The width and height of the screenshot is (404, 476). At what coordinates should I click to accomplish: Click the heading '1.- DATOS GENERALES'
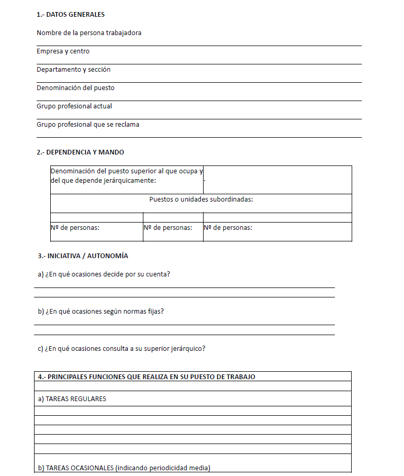click(71, 15)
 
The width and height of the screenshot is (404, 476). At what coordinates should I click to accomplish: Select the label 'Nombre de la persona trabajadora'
click(89, 33)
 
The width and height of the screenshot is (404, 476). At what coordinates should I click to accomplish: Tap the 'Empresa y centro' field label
click(63, 51)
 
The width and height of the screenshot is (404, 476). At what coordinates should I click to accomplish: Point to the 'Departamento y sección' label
click(73, 70)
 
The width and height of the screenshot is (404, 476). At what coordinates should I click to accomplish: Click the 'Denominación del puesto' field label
click(75, 88)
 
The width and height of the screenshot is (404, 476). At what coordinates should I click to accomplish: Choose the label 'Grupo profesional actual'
click(74, 106)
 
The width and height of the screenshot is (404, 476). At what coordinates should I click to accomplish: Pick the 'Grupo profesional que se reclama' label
click(88, 125)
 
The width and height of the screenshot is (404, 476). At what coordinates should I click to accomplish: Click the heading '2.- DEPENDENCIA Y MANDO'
click(81, 152)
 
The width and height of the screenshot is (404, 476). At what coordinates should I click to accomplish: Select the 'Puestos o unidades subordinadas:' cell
click(201, 200)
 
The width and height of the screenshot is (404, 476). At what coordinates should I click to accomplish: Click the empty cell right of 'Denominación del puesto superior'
click(277, 180)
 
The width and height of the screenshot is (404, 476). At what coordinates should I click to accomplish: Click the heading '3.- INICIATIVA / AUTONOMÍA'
click(83, 256)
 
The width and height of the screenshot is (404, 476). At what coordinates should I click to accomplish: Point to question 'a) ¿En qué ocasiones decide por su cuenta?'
click(104, 274)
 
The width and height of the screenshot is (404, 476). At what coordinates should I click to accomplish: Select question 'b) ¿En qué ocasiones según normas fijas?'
click(101, 312)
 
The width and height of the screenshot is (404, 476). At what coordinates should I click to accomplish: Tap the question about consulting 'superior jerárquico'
click(121, 349)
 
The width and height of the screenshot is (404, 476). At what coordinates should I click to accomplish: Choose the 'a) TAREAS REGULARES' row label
click(72, 399)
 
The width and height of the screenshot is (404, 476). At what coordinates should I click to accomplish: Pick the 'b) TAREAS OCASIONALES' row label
click(124, 468)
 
